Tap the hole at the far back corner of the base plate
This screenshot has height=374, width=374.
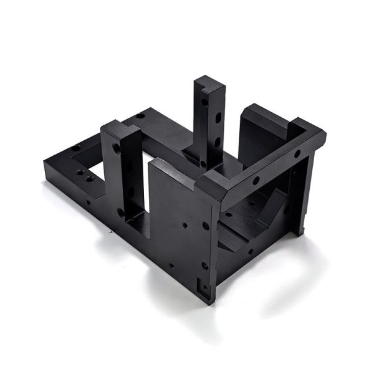(141, 115)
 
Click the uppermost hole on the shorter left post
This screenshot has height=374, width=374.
(117, 148)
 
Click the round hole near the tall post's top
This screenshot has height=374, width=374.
(204, 100)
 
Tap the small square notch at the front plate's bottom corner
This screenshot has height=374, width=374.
(203, 289)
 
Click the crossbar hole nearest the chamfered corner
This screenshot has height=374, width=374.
(256, 180)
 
